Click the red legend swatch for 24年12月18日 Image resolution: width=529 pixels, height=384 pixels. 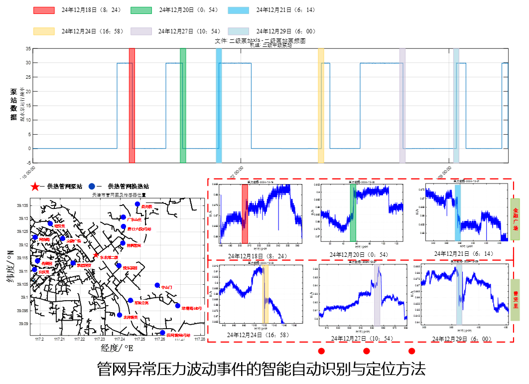point(43,10)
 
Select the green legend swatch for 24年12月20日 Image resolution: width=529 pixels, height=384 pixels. point(141,10)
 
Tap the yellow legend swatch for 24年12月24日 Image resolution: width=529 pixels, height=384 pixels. point(43,31)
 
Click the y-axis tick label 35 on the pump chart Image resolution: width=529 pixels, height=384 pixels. point(28,49)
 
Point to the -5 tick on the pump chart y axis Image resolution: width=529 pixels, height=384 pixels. point(28,163)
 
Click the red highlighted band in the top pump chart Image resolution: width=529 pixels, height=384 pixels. point(132,105)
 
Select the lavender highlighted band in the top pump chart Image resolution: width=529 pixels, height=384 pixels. point(402,105)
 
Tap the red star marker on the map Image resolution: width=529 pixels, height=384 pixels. point(96,255)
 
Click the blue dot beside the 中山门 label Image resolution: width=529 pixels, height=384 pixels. point(157,285)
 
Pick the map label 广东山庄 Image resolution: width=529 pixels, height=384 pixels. point(134,219)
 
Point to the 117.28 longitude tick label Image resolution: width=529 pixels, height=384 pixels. point(200,340)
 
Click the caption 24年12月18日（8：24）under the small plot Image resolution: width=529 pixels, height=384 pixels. point(258,256)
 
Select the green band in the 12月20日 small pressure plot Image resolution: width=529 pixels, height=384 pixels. point(353,213)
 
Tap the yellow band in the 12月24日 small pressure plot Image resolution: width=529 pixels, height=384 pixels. point(265,294)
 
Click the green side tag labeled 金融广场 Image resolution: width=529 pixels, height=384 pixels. point(515,219)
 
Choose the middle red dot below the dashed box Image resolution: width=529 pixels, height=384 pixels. point(367,351)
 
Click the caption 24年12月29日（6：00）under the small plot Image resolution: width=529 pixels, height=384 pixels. point(462,339)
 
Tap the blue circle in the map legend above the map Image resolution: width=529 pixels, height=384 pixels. point(92,187)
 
